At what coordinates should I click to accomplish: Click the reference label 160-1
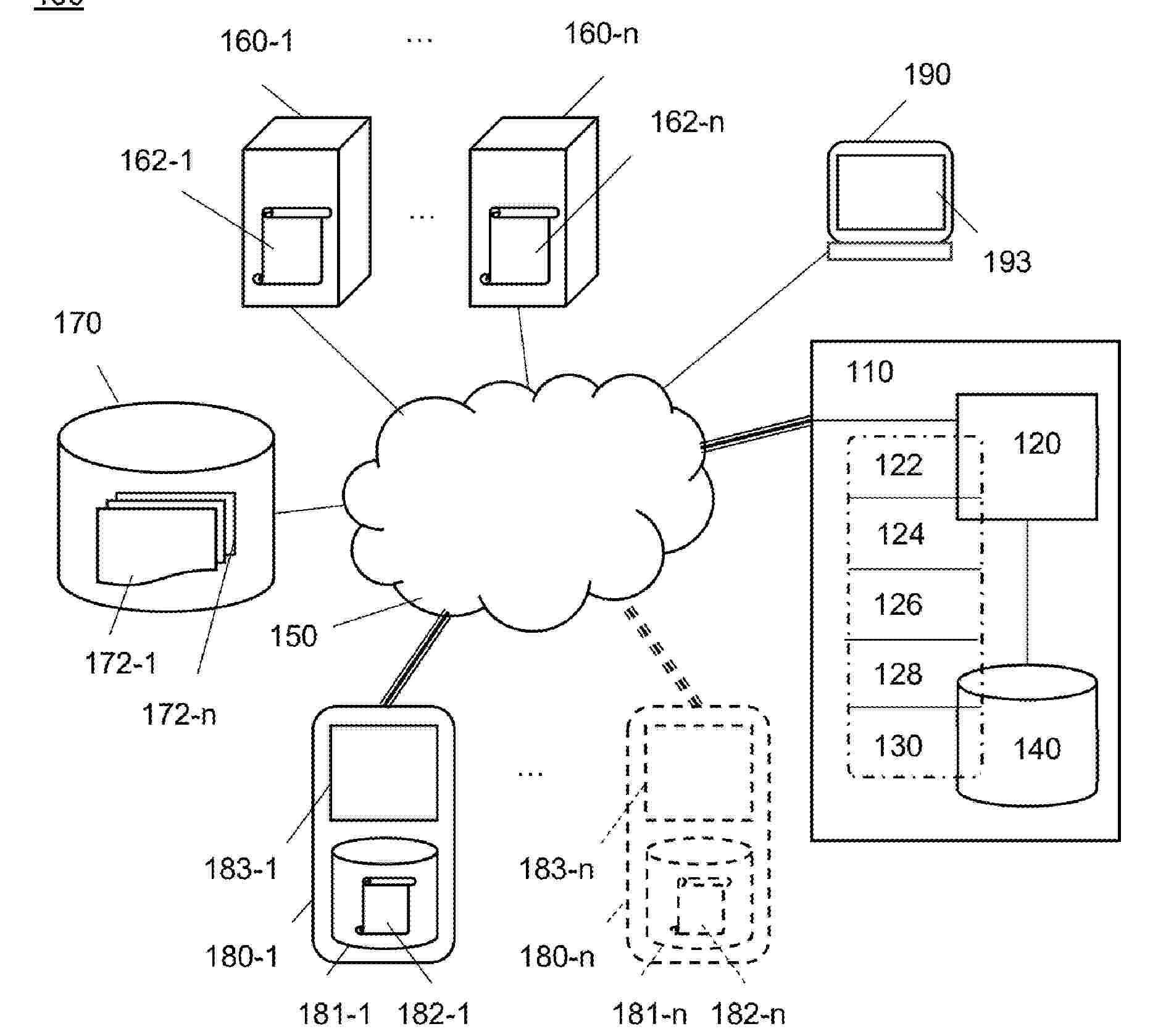[257, 41]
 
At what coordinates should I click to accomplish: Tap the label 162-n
[687, 122]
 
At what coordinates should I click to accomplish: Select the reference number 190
[927, 75]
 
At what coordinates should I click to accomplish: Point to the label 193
[1007, 262]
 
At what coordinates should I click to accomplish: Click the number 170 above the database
[77, 323]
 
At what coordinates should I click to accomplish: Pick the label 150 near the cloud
[294, 636]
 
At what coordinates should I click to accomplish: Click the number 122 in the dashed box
[898, 465]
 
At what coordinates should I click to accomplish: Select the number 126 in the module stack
[898, 604]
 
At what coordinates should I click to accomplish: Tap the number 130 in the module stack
[898, 746]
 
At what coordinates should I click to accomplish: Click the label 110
[870, 372]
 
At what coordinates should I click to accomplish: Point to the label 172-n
[179, 715]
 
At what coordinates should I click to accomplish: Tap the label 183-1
[241, 869]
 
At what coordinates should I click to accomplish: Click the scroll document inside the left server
[291, 247]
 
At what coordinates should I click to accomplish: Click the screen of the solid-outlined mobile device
[383, 772]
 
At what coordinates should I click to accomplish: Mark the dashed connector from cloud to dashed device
[662, 657]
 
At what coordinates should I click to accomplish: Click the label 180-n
[557, 957]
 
